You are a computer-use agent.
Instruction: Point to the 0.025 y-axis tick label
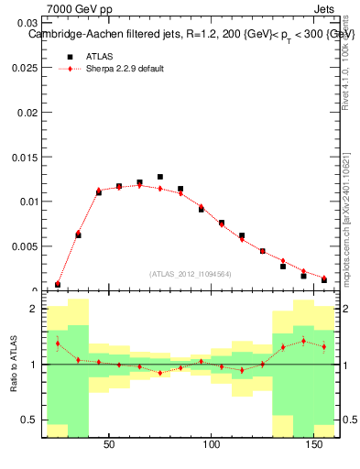point(25,68)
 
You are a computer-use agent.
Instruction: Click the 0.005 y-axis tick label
point(25,246)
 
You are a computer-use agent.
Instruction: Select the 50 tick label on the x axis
point(109,445)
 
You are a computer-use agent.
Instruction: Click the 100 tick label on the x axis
point(213,445)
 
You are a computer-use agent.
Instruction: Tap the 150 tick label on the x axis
point(316,445)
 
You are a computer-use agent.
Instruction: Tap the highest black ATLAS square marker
point(160,177)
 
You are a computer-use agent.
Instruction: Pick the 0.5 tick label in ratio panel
point(31,420)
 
